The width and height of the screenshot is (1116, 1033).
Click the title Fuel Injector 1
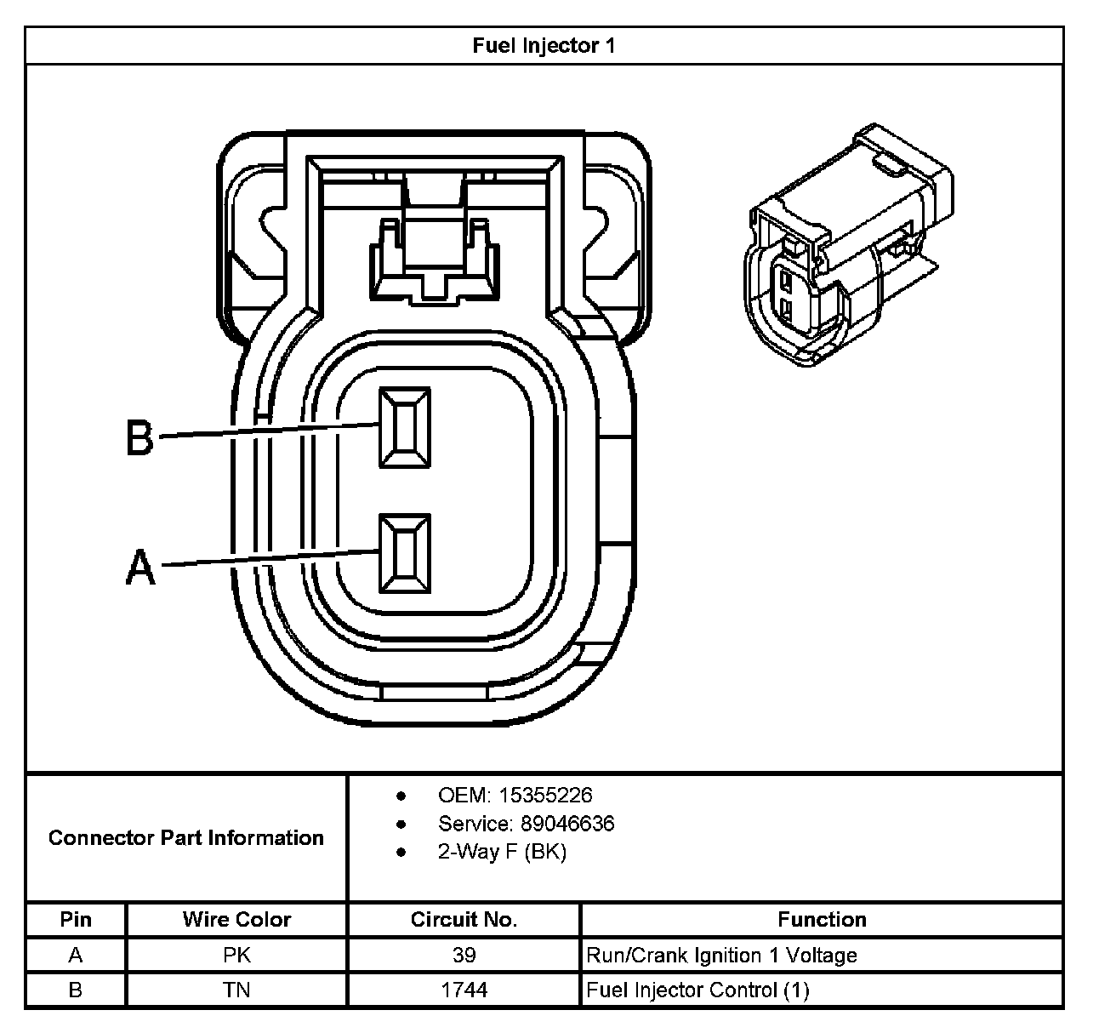[544, 46]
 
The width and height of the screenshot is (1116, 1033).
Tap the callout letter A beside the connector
[141, 567]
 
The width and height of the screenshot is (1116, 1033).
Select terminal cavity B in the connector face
[405, 427]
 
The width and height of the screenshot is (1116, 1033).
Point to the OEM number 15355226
[545, 796]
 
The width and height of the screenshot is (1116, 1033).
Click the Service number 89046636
[556, 824]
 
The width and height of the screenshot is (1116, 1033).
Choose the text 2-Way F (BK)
[502, 852]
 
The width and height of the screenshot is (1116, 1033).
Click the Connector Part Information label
[186, 838]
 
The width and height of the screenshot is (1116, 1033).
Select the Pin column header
[76, 920]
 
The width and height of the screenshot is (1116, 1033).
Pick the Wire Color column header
[236, 920]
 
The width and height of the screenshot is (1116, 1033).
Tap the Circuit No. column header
[464, 920]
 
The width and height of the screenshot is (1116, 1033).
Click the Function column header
[822, 920]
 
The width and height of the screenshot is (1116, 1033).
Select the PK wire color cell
[236, 956]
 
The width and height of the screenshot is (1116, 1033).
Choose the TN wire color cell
[236, 990]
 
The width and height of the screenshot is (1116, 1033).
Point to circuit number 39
[464, 956]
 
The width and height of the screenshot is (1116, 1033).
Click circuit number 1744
[464, 990]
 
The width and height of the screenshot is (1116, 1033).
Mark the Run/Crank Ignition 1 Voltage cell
[721, 956]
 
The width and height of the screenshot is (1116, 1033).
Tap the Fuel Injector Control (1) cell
[697, 990]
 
